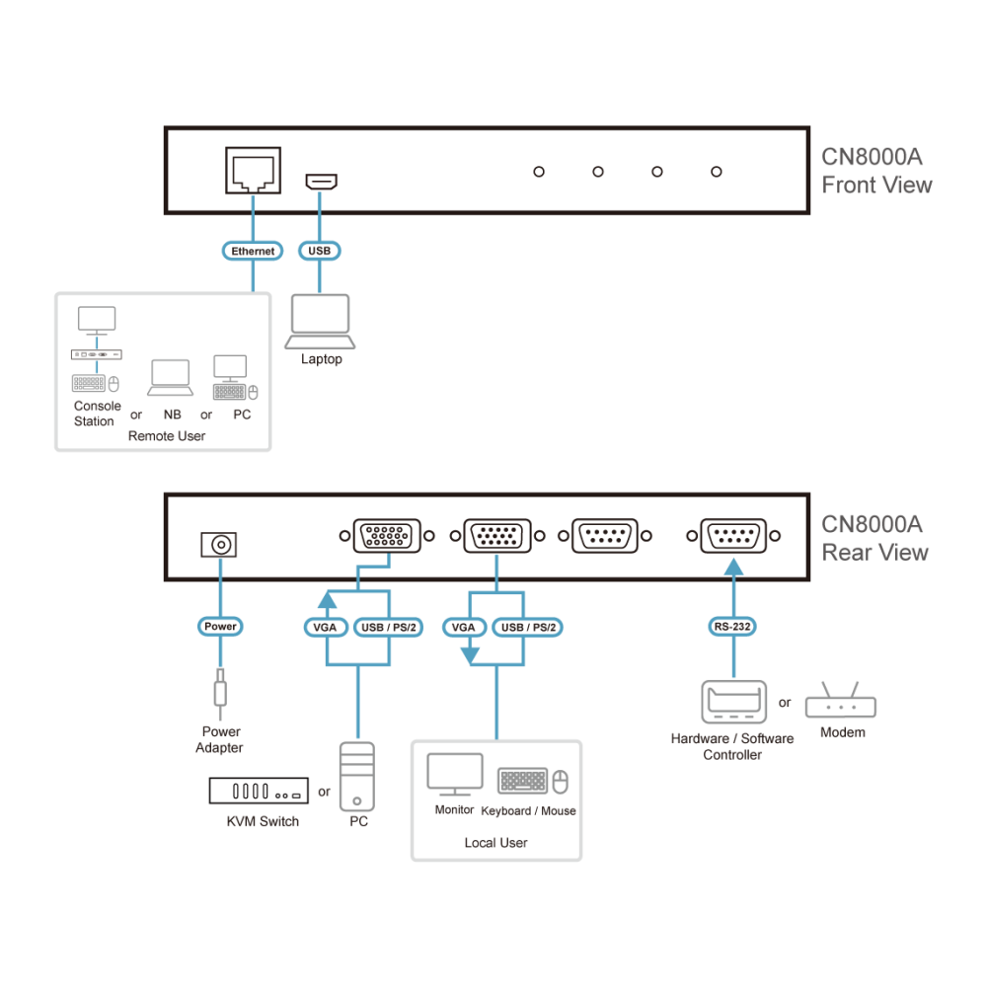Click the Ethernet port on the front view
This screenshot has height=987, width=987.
(253, 170)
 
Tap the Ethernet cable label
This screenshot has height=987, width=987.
(253, 251)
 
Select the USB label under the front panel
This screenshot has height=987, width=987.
(319, 251)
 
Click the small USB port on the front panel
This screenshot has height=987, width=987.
(321, 182)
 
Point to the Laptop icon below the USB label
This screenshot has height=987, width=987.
(320, 322)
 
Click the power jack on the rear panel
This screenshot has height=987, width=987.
(219, 545)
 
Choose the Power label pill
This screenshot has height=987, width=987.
(220, 627)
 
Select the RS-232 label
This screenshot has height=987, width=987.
(732, 627)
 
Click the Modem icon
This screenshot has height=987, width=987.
(840, 700)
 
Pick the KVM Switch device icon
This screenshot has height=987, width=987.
(259, 791)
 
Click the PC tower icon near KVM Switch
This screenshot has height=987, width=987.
(357, 777)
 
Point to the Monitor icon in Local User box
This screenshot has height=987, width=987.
(454, 774)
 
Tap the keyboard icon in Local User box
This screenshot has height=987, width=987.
(522, 781)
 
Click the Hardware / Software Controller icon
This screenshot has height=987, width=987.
(734, 702)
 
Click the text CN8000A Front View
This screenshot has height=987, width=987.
(876, 171)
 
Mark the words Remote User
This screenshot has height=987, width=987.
(167, 435)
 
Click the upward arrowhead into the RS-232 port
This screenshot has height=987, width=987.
(733, 568)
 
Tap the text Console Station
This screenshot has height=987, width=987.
(97, 414)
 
